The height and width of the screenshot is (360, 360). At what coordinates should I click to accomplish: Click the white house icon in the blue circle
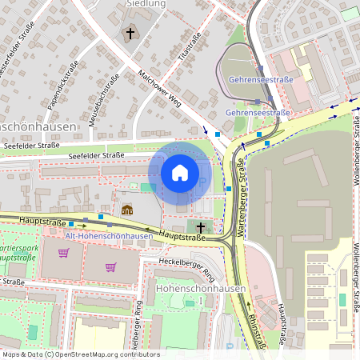tap(180, 173)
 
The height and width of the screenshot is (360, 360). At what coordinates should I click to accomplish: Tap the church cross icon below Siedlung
tap(130, 34)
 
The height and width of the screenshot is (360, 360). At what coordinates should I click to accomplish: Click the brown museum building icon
tap(126, 210)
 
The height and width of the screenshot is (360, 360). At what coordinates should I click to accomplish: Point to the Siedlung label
tap(146, 4)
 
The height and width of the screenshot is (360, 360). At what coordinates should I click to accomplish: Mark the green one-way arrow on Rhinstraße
tap(249, 305)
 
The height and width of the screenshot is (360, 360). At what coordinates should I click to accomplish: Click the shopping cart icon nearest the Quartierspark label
tap(63, 254)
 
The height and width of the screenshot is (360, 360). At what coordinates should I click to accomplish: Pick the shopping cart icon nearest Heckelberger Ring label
tap(111, 266)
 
